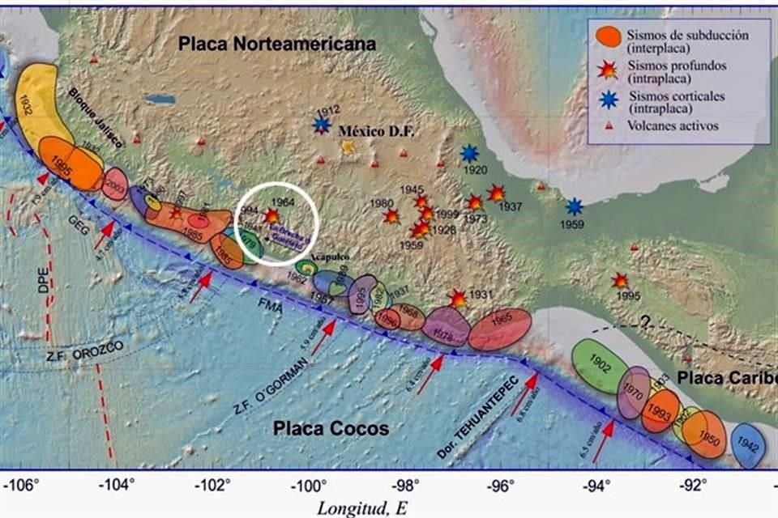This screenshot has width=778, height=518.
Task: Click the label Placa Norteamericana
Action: pyautogui.click(x=278, y=45)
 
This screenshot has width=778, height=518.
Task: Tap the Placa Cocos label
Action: pyautogui.click(x=331, y=428)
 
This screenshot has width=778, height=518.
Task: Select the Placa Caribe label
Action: pyautogui.click(x=722, y=378)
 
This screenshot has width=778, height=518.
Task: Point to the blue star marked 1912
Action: pyautogui.click(x=323, y=125)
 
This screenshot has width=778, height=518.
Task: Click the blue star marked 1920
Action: pyautogui.click(x=469, y=153)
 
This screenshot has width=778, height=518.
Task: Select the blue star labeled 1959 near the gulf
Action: pyautogui.click(x=575, y=206)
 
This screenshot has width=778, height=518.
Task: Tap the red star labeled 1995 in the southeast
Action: pyautogui.click(x=620, y=281)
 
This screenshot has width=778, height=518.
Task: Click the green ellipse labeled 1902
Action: pyautogui.click(x=601, y=367)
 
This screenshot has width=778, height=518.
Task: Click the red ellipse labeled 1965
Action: pyautogui.click(x=500, y=329)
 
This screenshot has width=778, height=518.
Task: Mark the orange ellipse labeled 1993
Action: pyautogui.click(x=660, y=411)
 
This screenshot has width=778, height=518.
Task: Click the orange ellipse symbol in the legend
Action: pyautogui.click(x=608, y=36)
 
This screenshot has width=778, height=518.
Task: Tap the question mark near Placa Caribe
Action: pyautogui.click(x=645, y=321)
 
